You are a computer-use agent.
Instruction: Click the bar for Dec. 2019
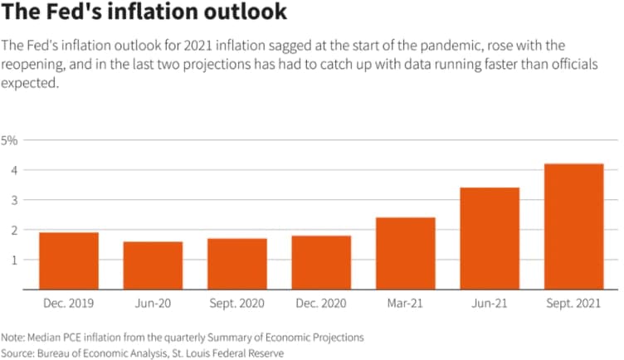[x=69, y=261]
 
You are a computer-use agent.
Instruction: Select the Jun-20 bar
[x=153, y=265]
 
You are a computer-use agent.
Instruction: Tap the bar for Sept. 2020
[x=236, y=264]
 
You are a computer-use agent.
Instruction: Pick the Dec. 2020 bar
[x=321, y=262]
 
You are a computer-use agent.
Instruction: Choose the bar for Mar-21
[x=405, y=254]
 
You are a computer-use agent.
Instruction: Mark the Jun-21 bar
[x=490, y=239]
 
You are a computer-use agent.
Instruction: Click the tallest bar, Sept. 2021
[x=573, y=226]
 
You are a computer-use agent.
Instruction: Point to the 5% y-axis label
[x=9, y=140]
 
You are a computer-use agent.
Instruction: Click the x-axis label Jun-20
[x=153, y=304]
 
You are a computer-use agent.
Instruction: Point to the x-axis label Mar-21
[x=405, y=304]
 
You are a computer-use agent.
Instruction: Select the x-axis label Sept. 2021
[x=573, y=304]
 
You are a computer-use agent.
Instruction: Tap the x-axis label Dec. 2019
[x=69, y=304]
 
